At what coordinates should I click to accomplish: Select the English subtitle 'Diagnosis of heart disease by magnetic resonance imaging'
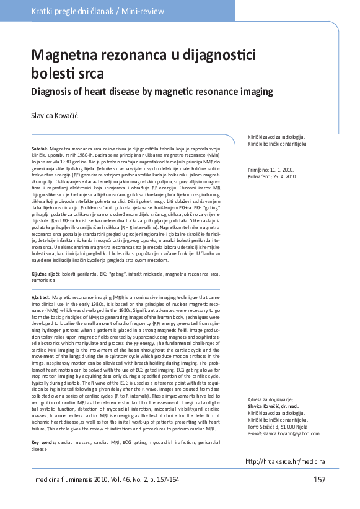(152, 92)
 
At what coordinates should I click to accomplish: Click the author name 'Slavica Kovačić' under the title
(60, 116)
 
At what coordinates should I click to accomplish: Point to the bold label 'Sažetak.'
(40, 150)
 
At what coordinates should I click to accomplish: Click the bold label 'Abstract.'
(42, 298)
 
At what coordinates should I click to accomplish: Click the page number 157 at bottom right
(320, 480)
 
